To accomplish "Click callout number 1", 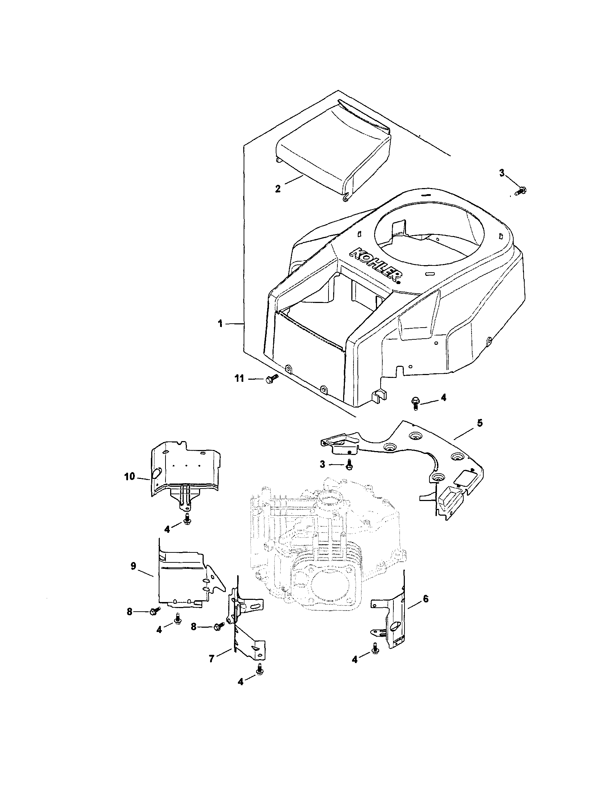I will [x=220, y=324].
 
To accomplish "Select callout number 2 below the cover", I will [x=278, y=189].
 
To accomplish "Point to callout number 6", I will [x=426, y=598].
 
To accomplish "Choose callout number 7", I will [x=211, y=659].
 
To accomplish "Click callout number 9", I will [x=133, y=566].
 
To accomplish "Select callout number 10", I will [x=129, y=476].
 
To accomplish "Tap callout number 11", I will [x=239, y=379].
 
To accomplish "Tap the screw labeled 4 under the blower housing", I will [x=415, y=403].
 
